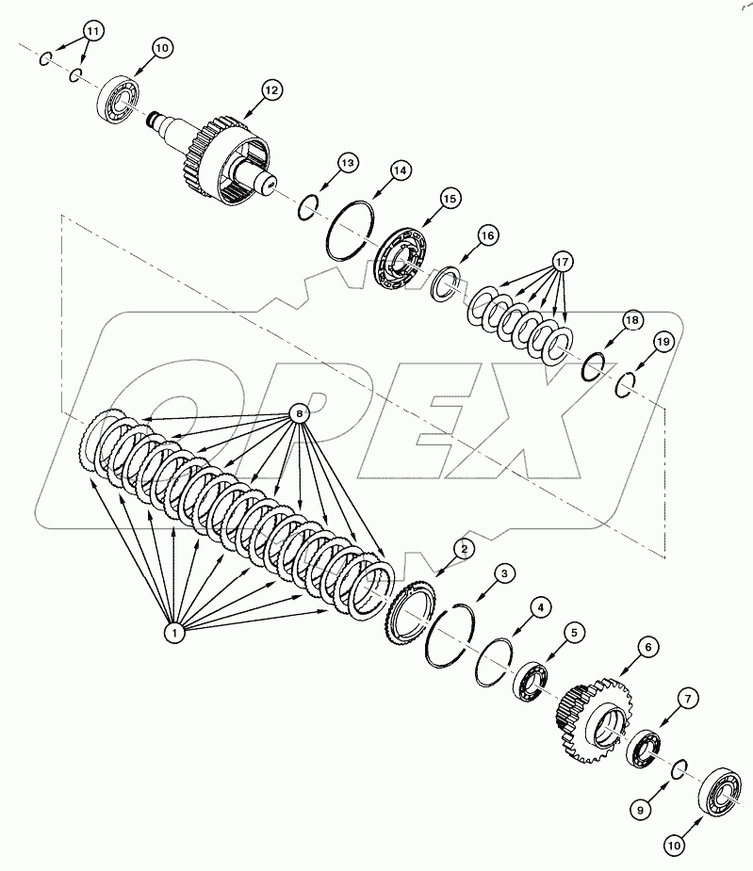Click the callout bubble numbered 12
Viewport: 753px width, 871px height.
click(x=271, y=90)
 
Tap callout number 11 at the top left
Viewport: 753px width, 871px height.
click(x=91, y=31)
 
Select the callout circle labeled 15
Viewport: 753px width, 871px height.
click(x=449, y=199)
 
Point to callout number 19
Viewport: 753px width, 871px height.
click(x=663, y=343)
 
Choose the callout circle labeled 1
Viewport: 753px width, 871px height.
click(x=173, y=634)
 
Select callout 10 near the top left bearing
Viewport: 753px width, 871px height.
click(x=159, y=47)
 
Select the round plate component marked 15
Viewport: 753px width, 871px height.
click(x=401, y=256)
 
